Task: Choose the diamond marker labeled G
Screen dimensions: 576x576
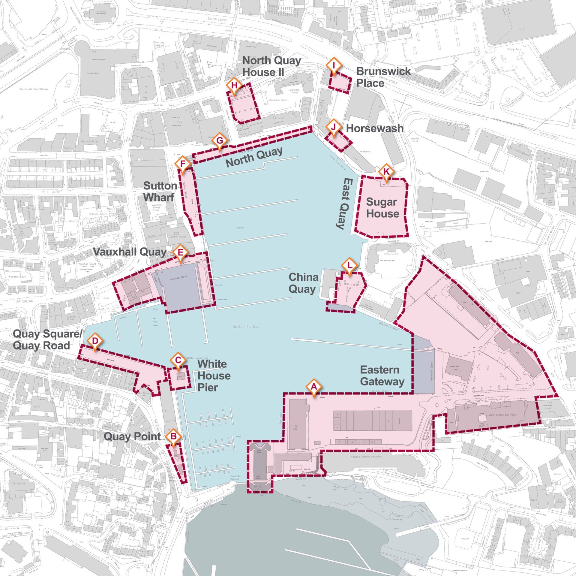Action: [220, 140]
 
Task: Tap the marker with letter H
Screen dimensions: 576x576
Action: [235, 85]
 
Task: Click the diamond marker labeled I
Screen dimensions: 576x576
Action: [334, 65]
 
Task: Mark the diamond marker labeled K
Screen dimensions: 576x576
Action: [386, 172]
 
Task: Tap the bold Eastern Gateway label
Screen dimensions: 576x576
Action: [382, 375]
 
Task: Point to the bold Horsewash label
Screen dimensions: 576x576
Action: [374, 128]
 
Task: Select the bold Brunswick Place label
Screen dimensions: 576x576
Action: [383, 77]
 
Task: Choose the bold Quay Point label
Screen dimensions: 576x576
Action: [132, 436]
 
